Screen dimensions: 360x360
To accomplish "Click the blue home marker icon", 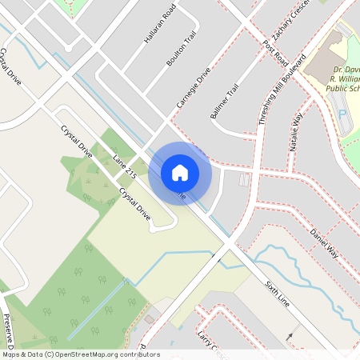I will point(180,172).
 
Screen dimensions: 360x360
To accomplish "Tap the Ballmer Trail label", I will point(225,103).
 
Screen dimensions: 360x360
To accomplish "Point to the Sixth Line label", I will point(275,295).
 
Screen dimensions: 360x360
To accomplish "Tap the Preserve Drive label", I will point(10,328).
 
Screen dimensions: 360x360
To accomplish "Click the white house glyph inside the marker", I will point(180,172).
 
